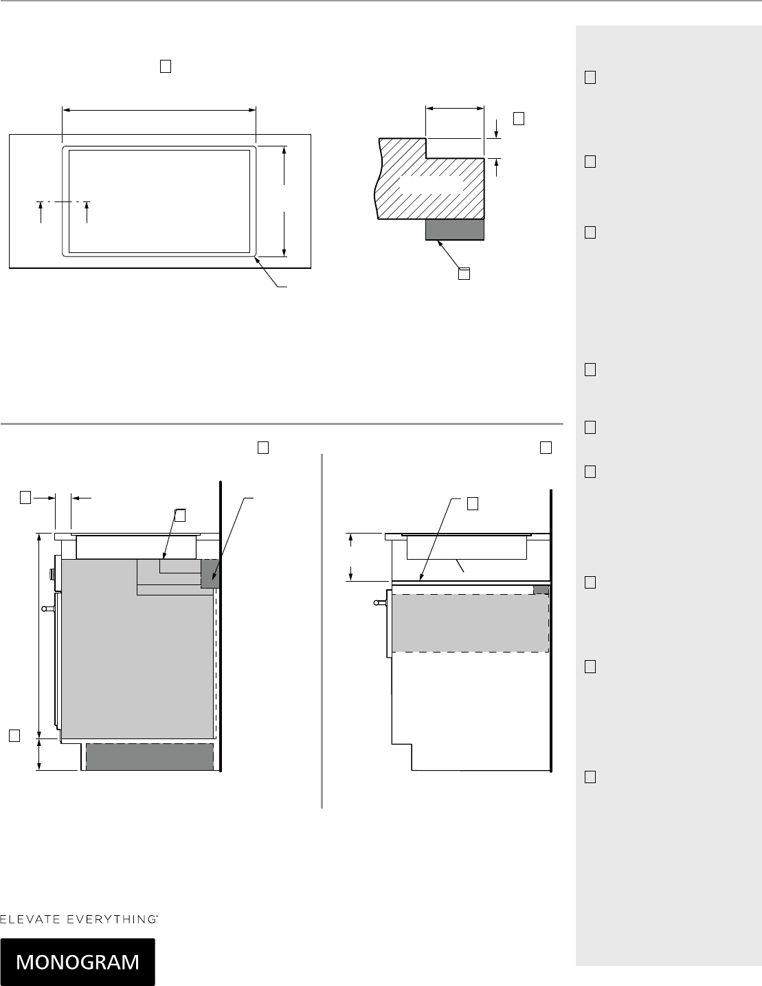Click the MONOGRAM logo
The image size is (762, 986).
point(78,962)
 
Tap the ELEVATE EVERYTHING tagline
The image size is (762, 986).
point(79,919)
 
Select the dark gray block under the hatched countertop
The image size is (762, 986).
point(455,230)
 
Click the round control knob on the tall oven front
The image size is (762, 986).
point(52,574)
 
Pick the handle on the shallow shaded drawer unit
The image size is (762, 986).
point(380,603)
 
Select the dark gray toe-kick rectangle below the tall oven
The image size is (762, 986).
point(150,756)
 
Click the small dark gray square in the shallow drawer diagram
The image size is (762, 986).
point(541,589)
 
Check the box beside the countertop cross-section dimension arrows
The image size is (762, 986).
point(519,118)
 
